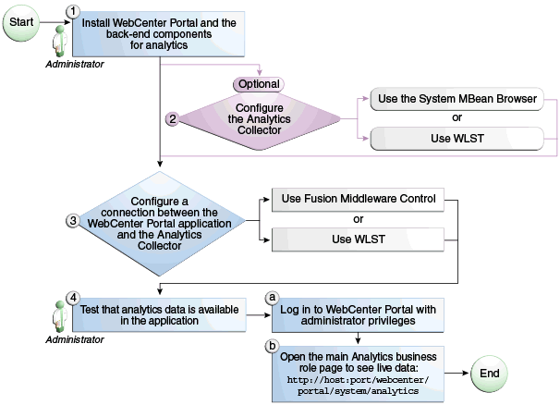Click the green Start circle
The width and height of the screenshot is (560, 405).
tap(24, 20)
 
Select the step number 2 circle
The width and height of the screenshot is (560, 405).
tap(171, 118)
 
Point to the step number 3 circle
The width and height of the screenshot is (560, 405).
tap(72, 221)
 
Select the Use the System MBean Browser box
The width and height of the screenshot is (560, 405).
tap(457, 97)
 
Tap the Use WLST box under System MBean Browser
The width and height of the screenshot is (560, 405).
tap(457, 140)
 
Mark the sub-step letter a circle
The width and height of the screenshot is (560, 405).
tap(273, 297)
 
